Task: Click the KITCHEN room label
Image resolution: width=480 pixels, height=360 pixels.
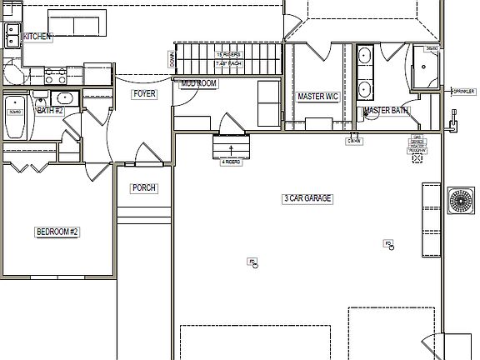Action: [38, 37]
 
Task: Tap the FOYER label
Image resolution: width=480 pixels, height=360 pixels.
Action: [144, 94]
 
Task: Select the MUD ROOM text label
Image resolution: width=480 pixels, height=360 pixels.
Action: [198, 84]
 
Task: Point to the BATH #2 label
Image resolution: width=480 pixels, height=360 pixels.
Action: [49, 110]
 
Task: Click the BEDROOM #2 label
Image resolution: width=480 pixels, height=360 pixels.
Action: [57, 232]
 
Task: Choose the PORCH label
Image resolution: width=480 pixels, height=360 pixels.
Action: [144, 188]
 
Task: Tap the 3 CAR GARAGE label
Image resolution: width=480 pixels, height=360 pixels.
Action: [307, 198]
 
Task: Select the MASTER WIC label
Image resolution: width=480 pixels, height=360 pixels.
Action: [317, 97]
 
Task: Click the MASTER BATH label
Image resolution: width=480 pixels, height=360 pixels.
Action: [386, 110]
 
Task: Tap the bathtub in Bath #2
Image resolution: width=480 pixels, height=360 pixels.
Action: [14, 117]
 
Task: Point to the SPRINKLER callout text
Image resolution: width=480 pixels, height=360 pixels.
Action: [463, 91]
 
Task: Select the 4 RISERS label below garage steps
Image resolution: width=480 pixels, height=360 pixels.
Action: [231, 162]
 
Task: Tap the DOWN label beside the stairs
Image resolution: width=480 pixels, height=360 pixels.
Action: [172, 60]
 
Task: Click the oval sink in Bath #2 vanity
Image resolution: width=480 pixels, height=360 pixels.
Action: [67, 98]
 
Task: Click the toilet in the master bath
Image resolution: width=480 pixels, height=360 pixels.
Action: [369, 113]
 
